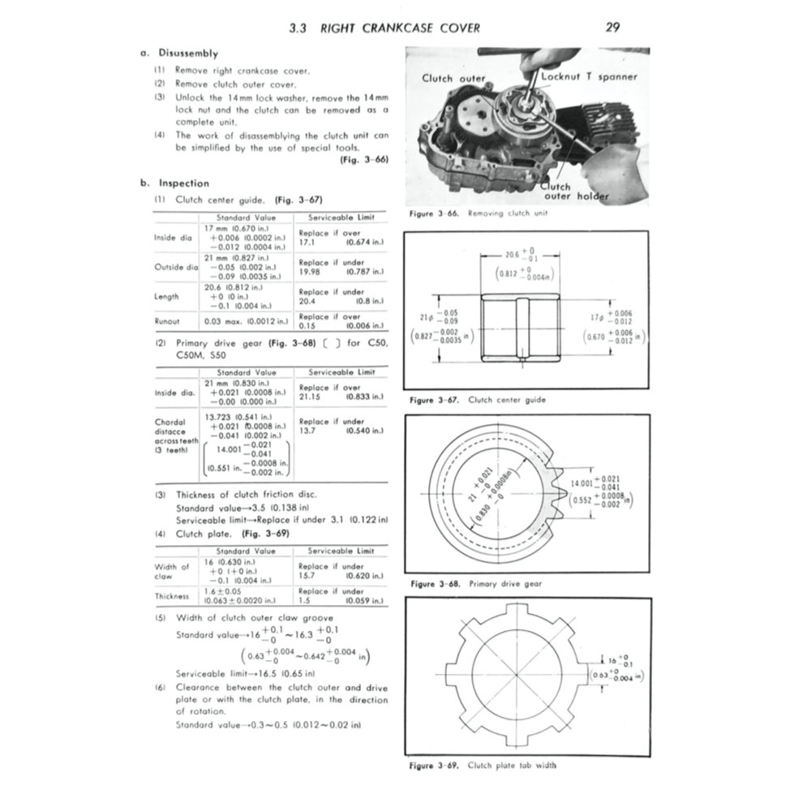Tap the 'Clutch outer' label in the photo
point(453,79)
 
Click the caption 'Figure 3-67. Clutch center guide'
point(478,400)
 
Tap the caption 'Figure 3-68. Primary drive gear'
point(476,583)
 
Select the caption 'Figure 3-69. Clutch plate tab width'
point(483,765)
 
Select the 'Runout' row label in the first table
point(167,321)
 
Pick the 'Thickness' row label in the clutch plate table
point(171,596)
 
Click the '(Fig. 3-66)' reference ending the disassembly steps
point(363,160)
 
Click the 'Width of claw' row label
point(171,571)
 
